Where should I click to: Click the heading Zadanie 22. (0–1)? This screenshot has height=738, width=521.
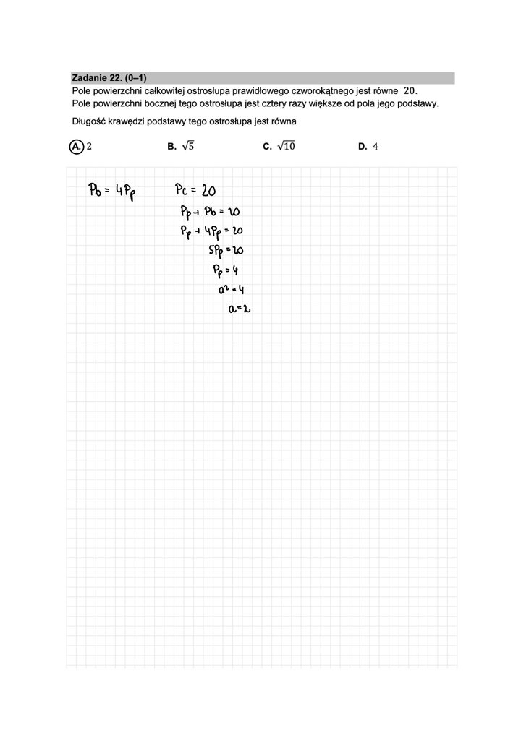click(109, 78)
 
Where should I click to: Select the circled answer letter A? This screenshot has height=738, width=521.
click(76, 146)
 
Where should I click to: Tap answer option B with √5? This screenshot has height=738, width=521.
click(181, 146)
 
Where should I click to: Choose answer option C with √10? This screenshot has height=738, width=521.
click(279, 146)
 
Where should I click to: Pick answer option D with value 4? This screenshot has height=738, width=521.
click(368, 146)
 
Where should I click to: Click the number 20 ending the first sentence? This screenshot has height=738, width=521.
click(410, 90)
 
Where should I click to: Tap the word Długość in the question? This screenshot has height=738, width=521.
click(89, 121)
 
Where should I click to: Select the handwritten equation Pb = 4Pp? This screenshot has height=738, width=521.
click(114, 192)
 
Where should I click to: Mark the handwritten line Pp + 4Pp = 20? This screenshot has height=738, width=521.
click(211, 232)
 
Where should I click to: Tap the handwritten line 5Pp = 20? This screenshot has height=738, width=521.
click(224, 252)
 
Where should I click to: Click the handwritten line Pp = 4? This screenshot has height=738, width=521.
click(221, 270)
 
